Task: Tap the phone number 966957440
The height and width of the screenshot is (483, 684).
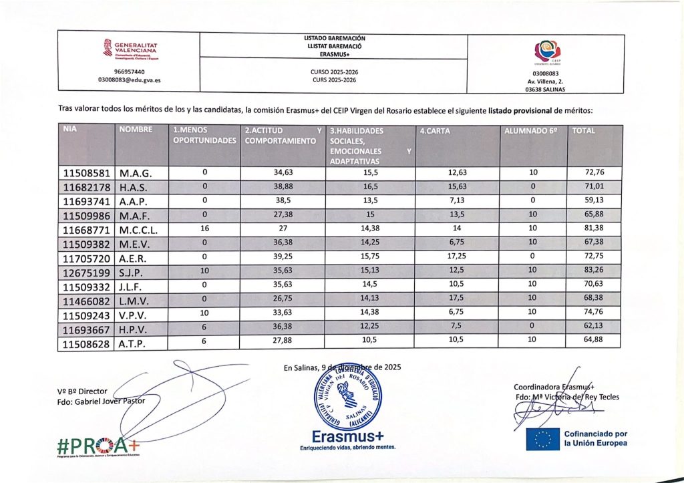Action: [130, 71]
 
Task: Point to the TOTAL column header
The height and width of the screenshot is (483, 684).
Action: [584, 131]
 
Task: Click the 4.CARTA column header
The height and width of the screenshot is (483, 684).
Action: [434, 131]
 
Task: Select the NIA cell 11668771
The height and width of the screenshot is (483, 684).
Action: [88, 229]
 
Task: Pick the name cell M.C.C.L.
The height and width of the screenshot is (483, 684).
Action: [141, 229]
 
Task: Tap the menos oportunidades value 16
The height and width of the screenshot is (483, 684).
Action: [204, 229]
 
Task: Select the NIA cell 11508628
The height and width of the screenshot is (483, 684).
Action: [88, 343]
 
